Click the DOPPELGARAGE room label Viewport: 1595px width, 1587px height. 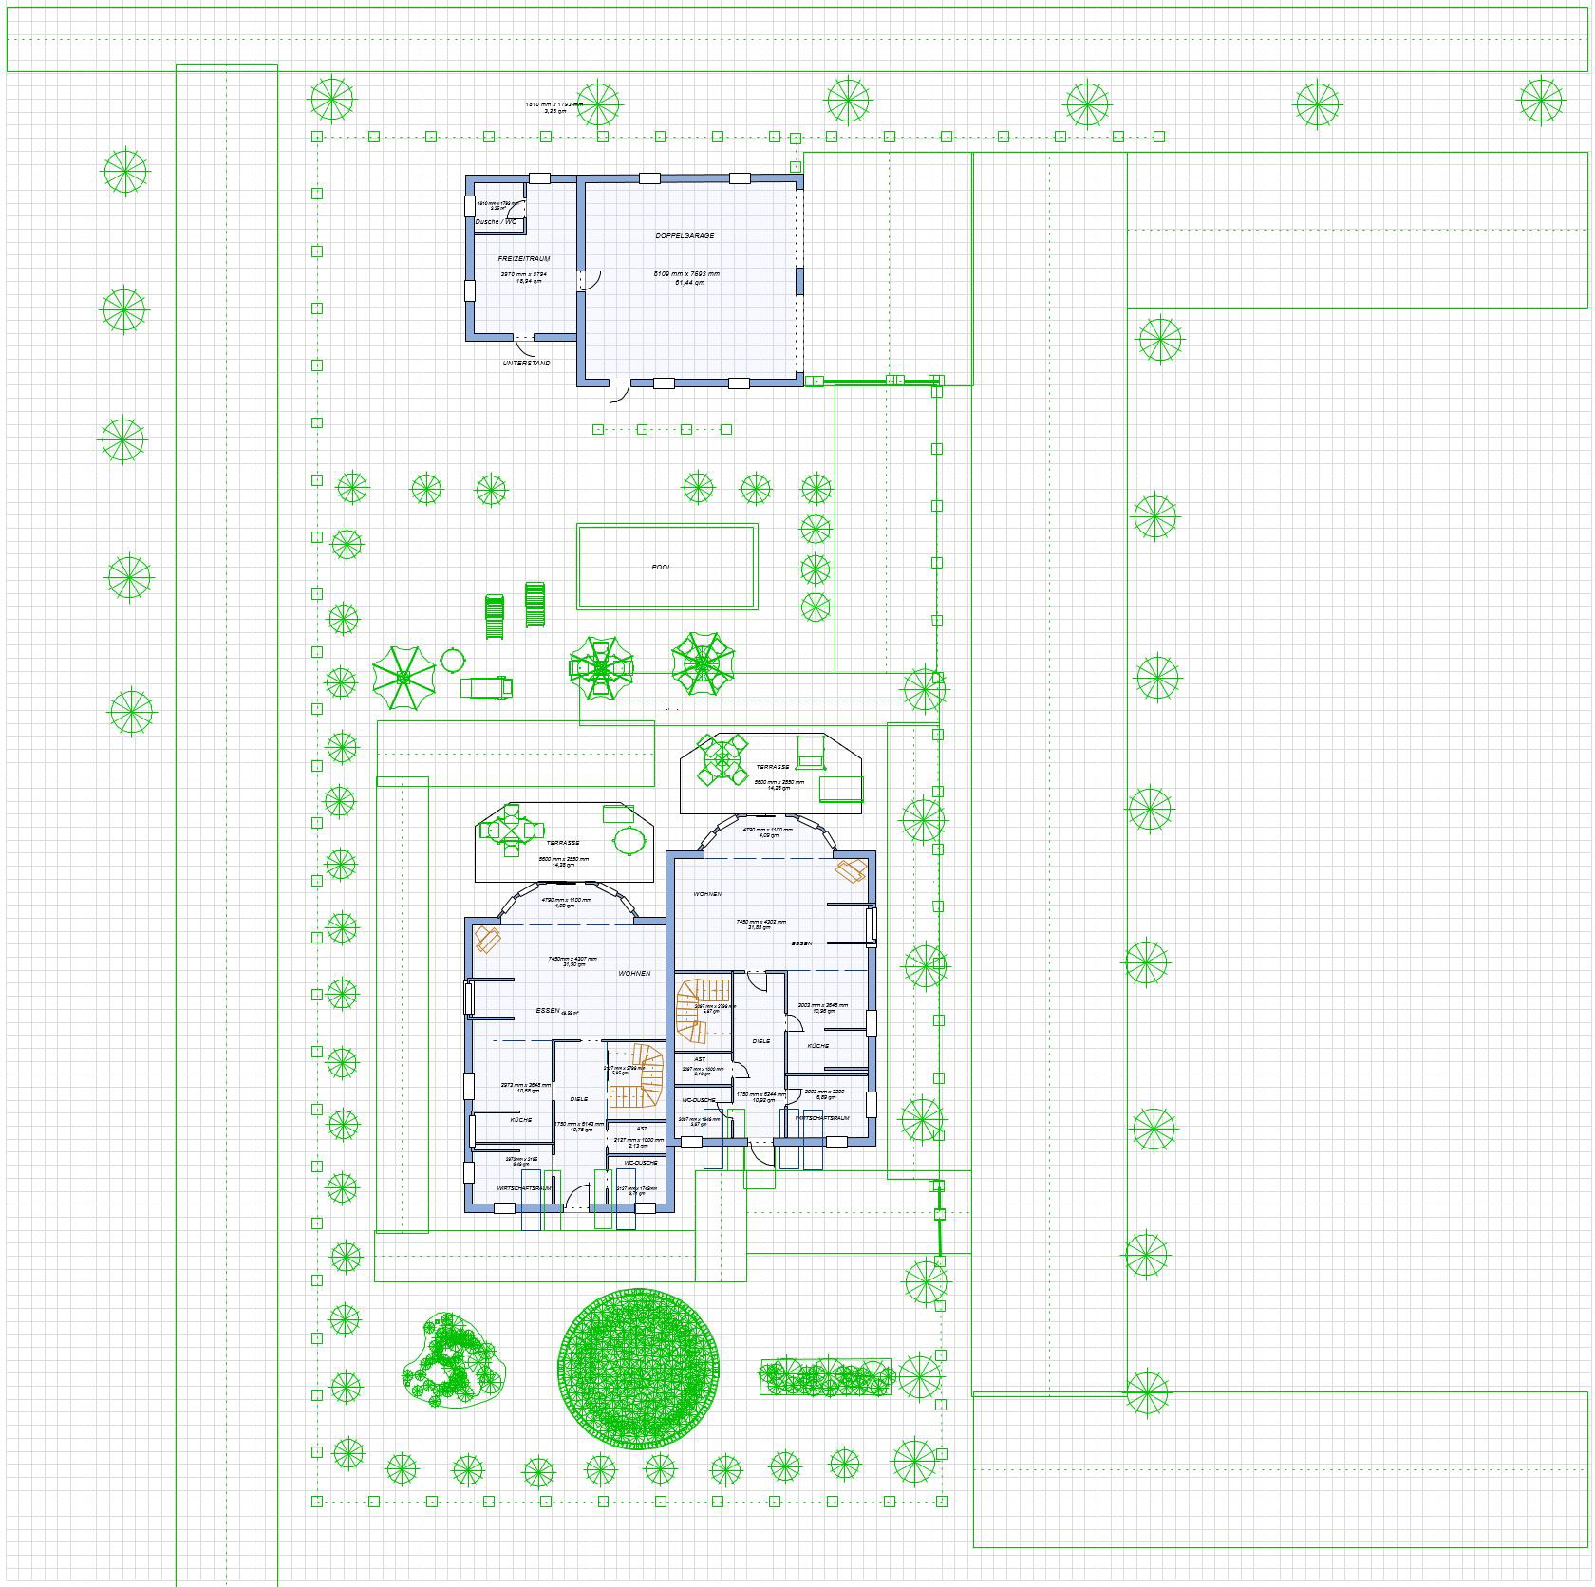[685, 235]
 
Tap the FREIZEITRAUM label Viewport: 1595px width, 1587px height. [524, 258]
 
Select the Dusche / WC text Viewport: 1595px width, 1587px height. [497, 222]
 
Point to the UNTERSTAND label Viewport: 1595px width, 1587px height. [526, 364]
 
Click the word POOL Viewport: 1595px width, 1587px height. [662, 568]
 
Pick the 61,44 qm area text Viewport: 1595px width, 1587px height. [690, 282]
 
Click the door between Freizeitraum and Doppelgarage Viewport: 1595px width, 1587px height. [591, 279]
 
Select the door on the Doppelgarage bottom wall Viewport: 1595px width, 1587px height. [618, 389]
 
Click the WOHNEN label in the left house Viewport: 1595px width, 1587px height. [634, 974]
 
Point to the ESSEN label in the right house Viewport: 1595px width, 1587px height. [801, 943]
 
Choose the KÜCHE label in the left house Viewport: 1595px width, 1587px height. [520, 1120]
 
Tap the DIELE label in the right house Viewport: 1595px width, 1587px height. [761, 1041]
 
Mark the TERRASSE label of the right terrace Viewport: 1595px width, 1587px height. [772, 767]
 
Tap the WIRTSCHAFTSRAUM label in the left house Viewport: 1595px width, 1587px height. [524, 1188]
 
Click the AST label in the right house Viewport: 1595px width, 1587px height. [700, 1059]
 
